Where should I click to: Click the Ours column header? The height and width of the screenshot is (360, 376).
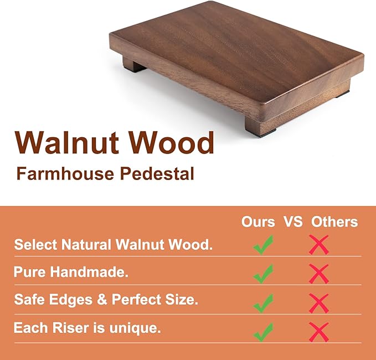(258, 222)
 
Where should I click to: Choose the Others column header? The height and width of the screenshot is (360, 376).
(334, 222)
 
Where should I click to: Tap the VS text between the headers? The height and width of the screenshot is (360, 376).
(293, 222)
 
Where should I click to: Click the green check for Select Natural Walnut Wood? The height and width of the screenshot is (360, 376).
(263, 244)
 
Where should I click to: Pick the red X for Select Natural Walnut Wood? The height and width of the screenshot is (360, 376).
(319, 244)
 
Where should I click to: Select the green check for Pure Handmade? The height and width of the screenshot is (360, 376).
(263, 273)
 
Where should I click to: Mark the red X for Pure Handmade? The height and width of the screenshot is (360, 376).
(319, 273)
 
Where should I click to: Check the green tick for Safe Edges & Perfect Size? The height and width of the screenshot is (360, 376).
(263, 302)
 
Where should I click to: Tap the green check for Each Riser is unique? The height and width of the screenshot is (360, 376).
(263, 331)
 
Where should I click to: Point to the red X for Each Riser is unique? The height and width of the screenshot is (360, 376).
(319, 331)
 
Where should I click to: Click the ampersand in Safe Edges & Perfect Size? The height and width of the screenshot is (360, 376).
(103, 300)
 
